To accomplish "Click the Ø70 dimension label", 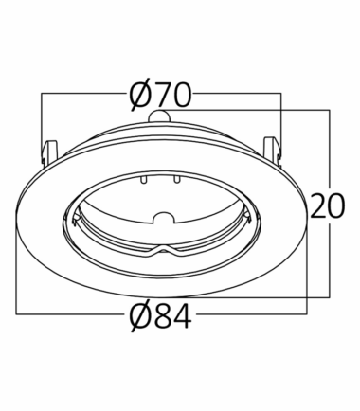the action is pyautogui.click(x=161, y=95).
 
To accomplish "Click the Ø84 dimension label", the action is pyautogui.click(x=161, y=316).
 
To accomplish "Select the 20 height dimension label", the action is pyautogui.click(x=328, y=206).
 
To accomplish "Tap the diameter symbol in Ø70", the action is pyautogui.click(x=139, y=95).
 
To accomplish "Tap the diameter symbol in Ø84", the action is pyautogui.click(x=139, y=316).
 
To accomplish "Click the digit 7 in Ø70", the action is pyautogui.click(x=161, y=95).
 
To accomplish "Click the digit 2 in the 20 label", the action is pyautogui.click(x=318, y=206).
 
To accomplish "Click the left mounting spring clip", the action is pyautogui.click(x=49, y=151).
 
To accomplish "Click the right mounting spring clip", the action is pyautogui.click(x=272, y=151).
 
